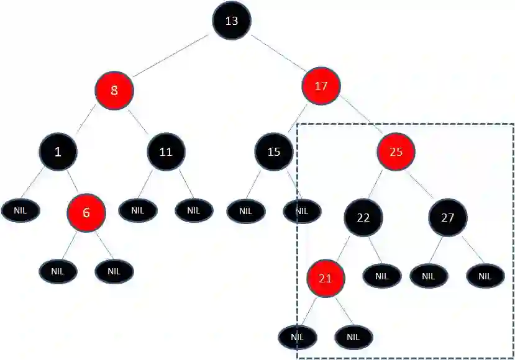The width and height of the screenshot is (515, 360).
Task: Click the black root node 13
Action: coord(232,21)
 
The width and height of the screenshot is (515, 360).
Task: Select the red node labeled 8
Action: coord(114,91)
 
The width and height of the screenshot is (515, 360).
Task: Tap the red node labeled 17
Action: coord(321,86)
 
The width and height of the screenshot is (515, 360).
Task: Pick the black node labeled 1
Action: coord(58,151)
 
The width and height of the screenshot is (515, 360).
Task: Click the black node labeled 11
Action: coord(166,151)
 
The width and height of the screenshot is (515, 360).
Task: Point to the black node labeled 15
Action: coord(274,151)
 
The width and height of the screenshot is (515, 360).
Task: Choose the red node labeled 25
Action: coord(396,151)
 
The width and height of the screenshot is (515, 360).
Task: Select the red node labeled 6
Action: coord(86,212)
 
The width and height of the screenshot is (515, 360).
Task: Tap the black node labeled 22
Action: coord(364,218)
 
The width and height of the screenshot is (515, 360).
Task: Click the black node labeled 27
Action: coord(447,218)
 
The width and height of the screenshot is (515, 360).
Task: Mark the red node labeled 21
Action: coord(326,278)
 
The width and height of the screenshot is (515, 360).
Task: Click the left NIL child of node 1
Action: coord(21,210)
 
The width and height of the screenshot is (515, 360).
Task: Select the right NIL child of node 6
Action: coord(114,271)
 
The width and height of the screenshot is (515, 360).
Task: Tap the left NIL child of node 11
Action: coord(138,210)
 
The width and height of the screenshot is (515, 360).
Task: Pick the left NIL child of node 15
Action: coord(245,211)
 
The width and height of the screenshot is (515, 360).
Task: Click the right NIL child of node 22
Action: coord(381,276)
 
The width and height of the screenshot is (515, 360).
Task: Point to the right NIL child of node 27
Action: coord(485,276)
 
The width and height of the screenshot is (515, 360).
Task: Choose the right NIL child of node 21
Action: coord(353,337)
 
